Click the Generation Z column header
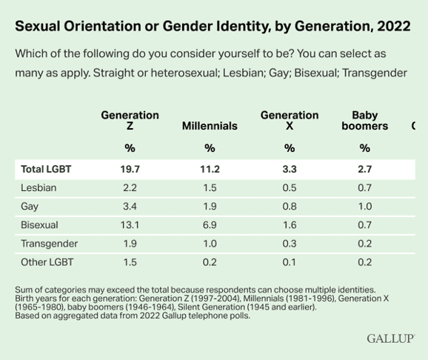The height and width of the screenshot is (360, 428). [130, 121]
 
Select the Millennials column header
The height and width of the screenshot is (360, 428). [210, 126]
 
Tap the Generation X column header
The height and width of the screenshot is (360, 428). [290, 121]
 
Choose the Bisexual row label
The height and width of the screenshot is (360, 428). [39, 224]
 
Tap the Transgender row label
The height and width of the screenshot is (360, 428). [49, 243]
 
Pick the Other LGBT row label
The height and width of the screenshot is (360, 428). [47, 261]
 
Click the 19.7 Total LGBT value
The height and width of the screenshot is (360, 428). [130, 169]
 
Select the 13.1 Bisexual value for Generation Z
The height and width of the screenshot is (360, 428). [130, 224]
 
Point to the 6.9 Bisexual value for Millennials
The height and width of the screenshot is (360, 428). [210, 224]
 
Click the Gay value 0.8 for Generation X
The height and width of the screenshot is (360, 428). [290, 206]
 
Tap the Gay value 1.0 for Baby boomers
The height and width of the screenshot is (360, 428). [364, 206]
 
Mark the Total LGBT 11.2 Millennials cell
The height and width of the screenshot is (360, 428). [210, 169]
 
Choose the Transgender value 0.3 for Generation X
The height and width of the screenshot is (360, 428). [290, 243]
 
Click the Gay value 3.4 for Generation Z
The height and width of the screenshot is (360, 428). [130, 206]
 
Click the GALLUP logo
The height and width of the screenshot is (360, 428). [389, 338]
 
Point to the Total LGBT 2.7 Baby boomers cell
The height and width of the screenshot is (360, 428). [364, 169]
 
